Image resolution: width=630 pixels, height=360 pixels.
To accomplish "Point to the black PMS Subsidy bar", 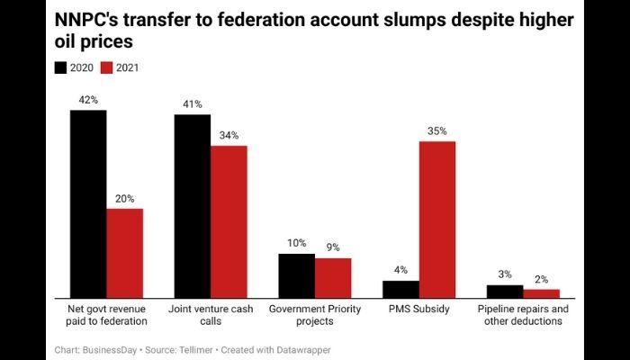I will tap(400, 289).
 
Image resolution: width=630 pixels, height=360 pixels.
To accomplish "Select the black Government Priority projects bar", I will tap(296, 275).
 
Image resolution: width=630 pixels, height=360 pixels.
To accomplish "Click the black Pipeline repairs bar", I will tap(505, 291).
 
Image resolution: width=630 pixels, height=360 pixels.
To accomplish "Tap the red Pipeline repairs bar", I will tap(542, 293).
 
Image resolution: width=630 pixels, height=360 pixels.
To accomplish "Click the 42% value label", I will tap(88, 100).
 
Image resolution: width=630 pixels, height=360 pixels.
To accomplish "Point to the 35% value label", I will tap(437, 130).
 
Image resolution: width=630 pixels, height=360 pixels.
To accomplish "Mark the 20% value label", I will tap(124, 199).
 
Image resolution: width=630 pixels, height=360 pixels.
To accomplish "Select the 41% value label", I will tap(192, 104).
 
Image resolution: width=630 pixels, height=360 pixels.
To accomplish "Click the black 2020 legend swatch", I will tap(61, 67).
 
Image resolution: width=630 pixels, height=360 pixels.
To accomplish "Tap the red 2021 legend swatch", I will tap(105, 67).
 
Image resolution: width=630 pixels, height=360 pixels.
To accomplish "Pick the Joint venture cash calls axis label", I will tap(211, 315).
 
